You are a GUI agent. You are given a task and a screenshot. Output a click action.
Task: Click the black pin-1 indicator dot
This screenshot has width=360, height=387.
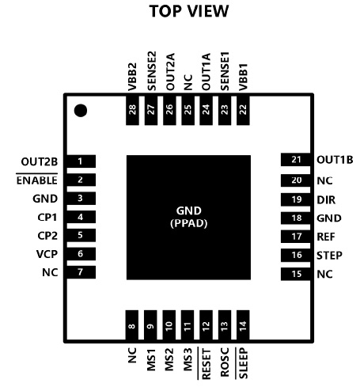81,111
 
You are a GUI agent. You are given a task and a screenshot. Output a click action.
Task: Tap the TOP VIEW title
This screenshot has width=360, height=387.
189,11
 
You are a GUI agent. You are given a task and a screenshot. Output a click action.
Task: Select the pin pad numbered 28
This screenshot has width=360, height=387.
132,110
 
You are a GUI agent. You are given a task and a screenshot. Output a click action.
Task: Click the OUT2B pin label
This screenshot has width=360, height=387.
40,161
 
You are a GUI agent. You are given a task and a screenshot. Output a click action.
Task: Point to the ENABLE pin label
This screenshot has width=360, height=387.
37,180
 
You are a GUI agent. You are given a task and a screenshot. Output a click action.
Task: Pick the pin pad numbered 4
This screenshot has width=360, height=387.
81,217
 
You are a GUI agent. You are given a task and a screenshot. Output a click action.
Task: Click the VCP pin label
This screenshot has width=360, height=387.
47,254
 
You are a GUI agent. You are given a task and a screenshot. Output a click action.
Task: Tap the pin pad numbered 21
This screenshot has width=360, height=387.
296,160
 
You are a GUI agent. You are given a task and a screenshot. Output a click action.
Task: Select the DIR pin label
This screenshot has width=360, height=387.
326,200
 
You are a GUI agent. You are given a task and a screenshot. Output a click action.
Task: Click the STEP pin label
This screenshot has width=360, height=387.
329,256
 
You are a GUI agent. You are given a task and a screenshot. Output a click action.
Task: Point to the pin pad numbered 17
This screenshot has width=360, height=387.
296,237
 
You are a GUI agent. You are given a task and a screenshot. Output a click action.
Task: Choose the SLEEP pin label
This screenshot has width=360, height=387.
243,363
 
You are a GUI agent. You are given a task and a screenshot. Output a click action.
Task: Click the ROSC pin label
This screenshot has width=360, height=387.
225,362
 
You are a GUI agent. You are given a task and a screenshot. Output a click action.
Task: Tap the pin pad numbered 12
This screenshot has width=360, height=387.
206,325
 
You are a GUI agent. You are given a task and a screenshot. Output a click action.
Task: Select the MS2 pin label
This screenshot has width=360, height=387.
169,359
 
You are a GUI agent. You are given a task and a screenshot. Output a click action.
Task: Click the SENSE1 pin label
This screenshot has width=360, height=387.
225,71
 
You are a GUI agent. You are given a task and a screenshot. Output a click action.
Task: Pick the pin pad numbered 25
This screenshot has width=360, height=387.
188,110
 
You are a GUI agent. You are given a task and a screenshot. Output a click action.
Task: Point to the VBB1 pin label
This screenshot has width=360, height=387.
243,77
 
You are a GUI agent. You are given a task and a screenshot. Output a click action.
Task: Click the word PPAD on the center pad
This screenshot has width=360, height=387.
189,223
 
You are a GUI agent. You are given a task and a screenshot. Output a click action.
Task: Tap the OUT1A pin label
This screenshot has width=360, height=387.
207,72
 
